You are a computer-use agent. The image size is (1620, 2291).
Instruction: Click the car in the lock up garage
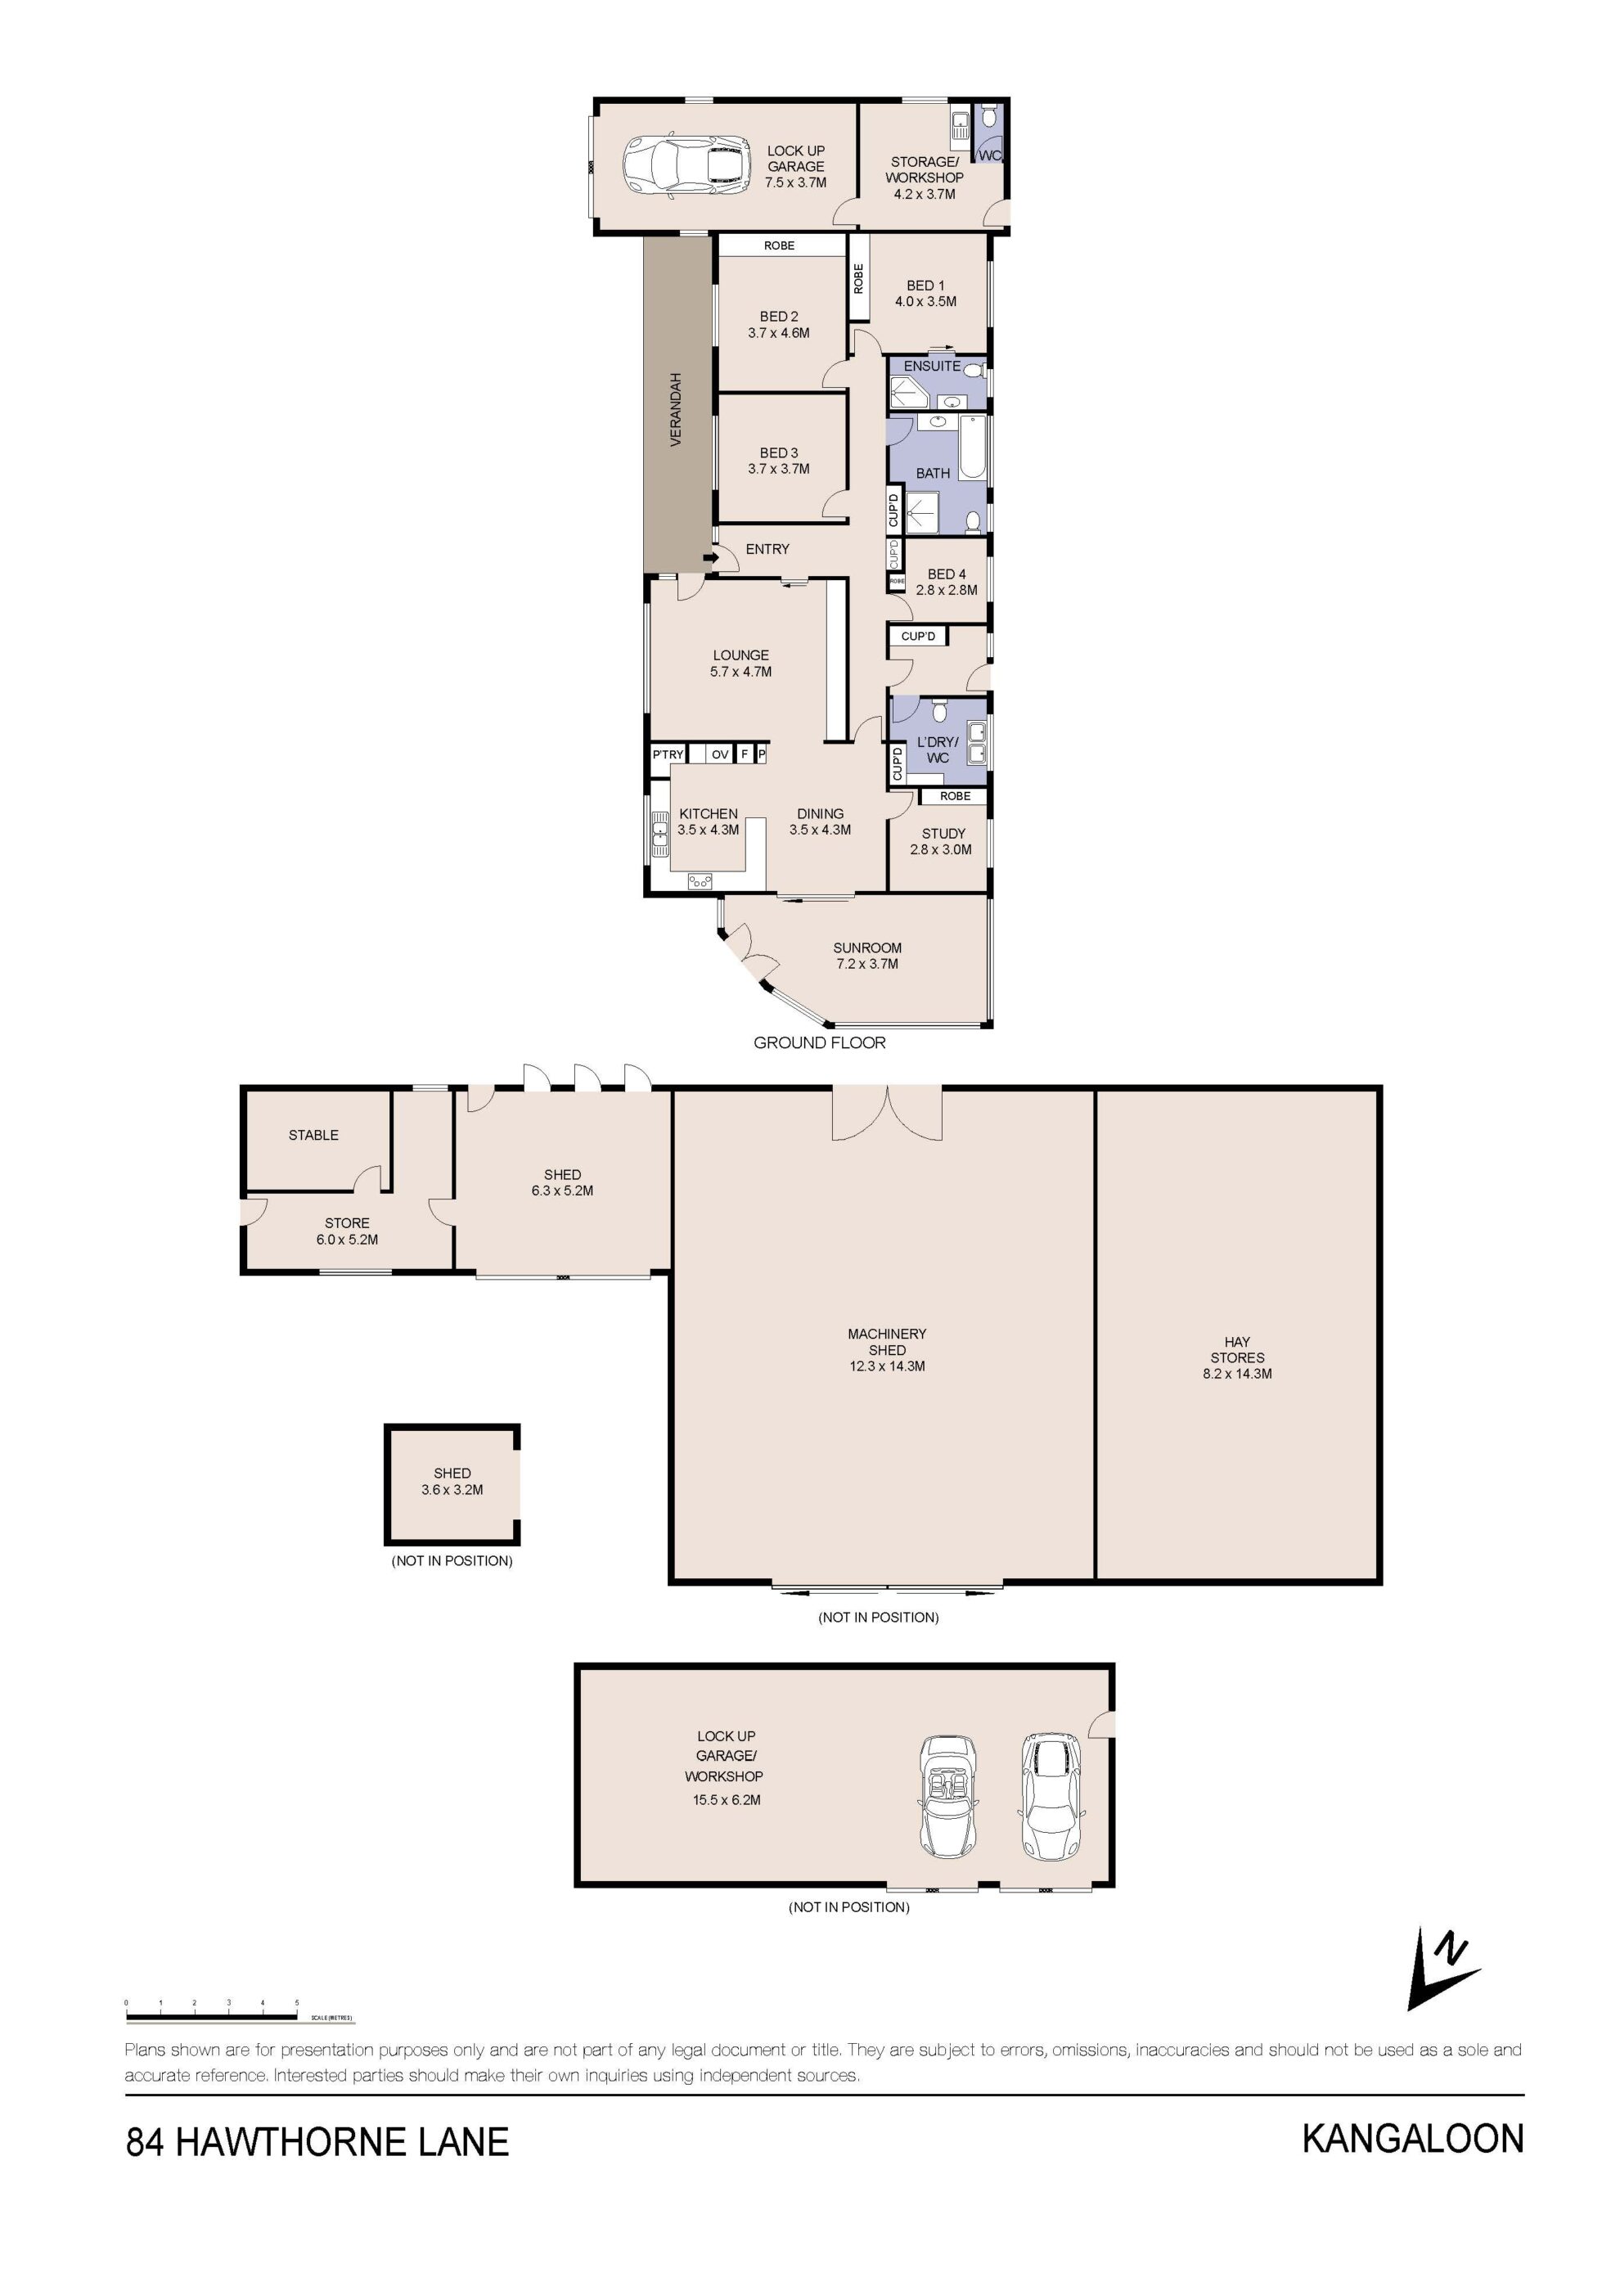687,165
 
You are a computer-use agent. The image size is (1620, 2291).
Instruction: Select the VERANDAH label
675,409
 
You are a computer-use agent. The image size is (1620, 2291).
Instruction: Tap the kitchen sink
659,835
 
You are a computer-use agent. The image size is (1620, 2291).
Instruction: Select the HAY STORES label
1237,1349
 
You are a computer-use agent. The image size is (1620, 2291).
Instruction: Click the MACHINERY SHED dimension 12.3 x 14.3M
887,1366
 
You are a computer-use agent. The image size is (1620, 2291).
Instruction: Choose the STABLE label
313,1135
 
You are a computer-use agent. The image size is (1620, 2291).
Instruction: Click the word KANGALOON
1412,2138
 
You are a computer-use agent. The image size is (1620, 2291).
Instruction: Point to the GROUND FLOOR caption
819,1042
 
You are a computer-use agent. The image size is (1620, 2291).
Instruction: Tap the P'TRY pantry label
668,754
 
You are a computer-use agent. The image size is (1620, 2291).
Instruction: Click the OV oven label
719,754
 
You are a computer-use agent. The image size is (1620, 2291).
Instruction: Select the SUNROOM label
866,948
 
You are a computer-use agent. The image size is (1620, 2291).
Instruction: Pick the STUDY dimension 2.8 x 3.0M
941,850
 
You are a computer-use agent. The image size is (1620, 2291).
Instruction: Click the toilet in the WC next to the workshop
988,118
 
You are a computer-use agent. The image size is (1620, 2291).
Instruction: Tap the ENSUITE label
932,367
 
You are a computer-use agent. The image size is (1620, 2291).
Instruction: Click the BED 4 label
947,574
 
